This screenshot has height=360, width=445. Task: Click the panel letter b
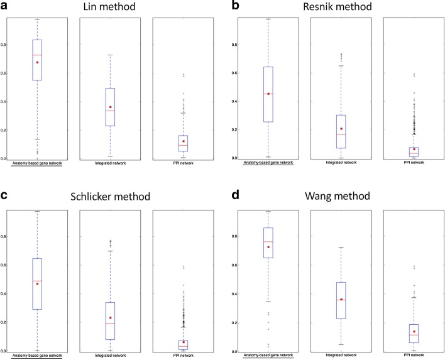point(233,6)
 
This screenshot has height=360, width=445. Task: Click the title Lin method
point(114,7)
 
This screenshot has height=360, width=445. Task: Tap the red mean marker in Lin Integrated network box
point(110,107)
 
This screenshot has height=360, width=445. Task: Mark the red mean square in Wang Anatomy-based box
point(268,247)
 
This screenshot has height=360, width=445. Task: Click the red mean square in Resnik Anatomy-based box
point(268,94)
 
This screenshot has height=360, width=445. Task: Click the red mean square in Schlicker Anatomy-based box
point(37,284)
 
